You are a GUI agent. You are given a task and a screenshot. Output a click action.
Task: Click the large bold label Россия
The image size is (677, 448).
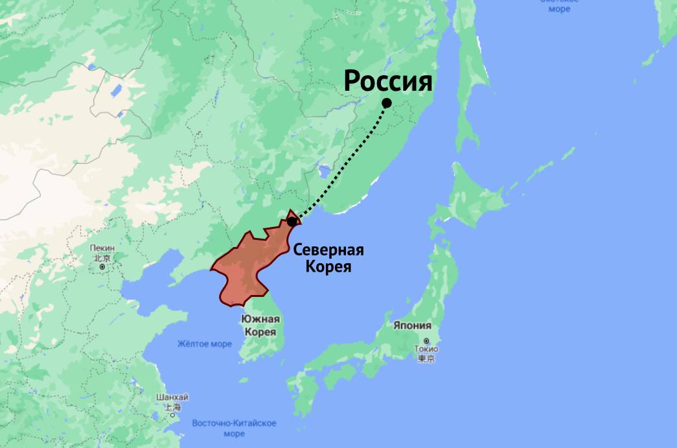click(x=387, y=82)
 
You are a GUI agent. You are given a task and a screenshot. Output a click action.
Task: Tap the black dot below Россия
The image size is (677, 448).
click(x=387, y=102)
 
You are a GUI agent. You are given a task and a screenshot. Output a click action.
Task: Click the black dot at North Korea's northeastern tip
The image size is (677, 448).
click(x=292, y=221)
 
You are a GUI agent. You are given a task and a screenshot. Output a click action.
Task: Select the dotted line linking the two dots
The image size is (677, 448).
click(x=350, y=162)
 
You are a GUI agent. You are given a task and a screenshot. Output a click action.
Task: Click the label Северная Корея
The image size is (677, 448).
click(x=328, y=258)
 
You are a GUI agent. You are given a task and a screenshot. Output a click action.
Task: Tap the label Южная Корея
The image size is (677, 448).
click(x=260, y=325)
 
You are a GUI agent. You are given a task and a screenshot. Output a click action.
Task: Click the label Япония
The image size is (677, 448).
click(x=412, y=326)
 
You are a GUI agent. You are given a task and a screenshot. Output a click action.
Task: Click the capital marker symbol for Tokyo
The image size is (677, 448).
click(x=426, y=341)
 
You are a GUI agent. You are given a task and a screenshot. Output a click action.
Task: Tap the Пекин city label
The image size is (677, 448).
click(x=102, y=248)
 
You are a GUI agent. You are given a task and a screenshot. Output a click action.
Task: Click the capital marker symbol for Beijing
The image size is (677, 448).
click(x=102, y=266)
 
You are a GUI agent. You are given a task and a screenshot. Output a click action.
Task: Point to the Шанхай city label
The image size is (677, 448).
click(x=172, y=397)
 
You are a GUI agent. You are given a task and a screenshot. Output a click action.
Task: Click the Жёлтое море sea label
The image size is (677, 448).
click(x=204, y=344)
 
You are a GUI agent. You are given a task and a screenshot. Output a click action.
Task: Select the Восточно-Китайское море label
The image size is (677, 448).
click(x=234, y=428)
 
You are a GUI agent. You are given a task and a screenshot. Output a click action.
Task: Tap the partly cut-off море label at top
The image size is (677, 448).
click(x=558, y=8)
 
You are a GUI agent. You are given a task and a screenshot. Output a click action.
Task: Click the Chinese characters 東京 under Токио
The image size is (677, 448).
click(x=426, y=359)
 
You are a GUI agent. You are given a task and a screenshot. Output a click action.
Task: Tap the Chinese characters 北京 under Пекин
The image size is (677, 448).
click(x=102, y=258)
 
